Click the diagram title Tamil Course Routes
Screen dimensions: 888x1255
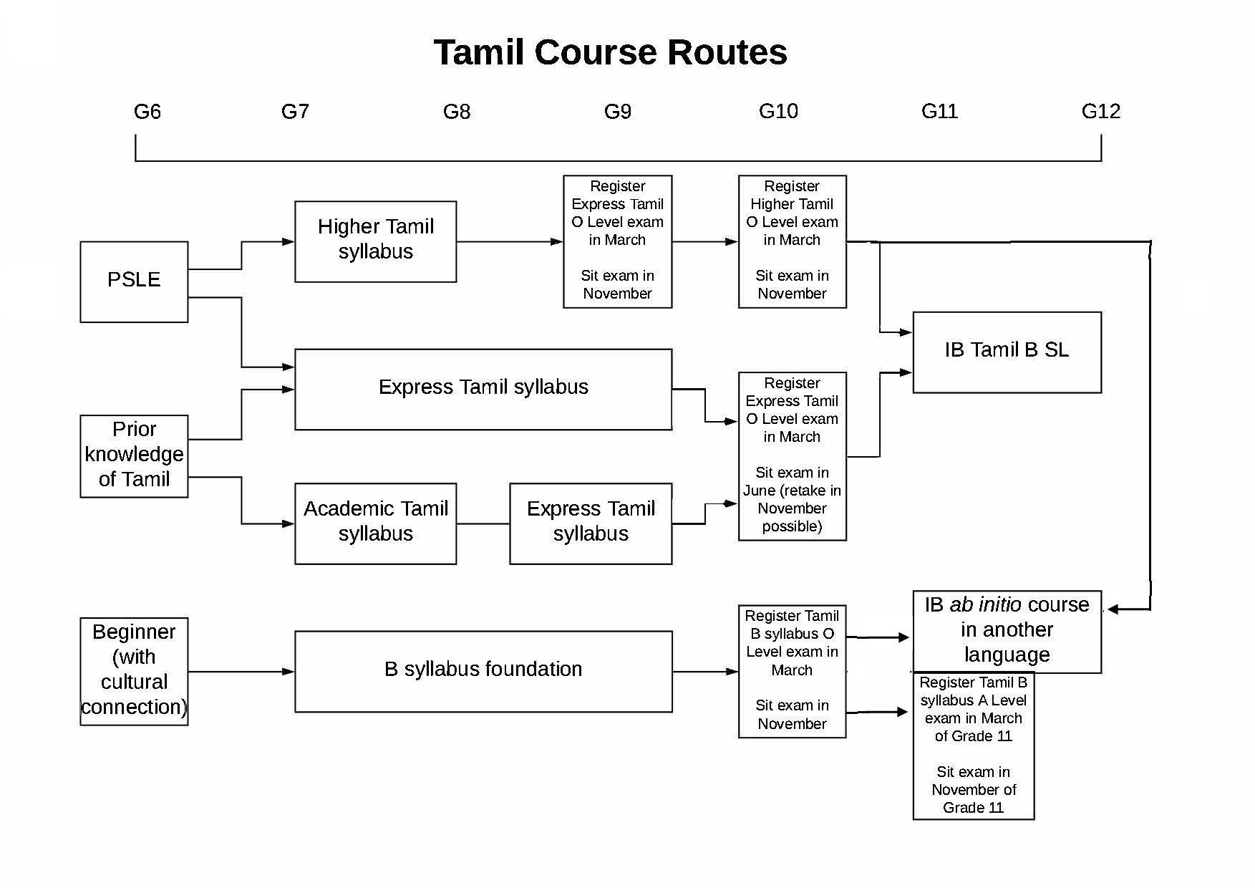pyautogui.click(x=610, y=52)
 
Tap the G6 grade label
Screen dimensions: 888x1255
pyautogui.click(x=147, y=112)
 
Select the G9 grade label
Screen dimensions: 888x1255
pyautogui.click(x=617, y=112)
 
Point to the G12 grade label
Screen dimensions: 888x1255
pyautogui.click(x=1100, y=111)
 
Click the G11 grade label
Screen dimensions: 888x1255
pyautogui.click(x=939, y=111)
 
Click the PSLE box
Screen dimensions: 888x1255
pyautogui.click(x=134, y=281)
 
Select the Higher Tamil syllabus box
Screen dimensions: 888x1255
pyautogui.click(x=375, y=241)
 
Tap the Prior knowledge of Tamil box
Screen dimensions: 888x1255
pyautogui.click(x=134, y=455)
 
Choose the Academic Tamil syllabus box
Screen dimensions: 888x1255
pyautogui.click(x=375, y=523)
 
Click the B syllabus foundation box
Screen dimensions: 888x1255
pyautogui.click(x=483, y=670)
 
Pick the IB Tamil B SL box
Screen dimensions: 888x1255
pyautogui.click(x=1007, y=352)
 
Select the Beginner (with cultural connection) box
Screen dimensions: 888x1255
pyautogui.click(x=134, y=670)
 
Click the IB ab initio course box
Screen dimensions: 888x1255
pyautogui.click(x=1007, y=631)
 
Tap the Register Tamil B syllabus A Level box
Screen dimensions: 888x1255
pyautogui.click(x=973, y=745)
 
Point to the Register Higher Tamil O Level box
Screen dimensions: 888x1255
pyautogui.click(x=792, y=241)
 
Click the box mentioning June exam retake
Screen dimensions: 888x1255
pyautogui.click(x=792, y=455)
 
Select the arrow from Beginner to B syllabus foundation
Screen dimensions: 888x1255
pyautogui.click(x=241, y=672)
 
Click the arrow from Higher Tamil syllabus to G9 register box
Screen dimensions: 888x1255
pyautogui.click(x=509, y=242)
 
